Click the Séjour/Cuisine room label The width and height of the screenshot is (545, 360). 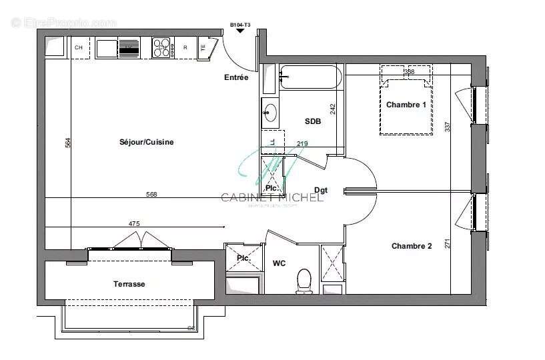point(146,142)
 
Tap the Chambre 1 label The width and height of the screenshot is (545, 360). point(406,105)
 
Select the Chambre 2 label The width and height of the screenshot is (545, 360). point(412,246)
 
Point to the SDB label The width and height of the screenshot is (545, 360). point(313,121)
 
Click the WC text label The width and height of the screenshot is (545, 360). point(279,263)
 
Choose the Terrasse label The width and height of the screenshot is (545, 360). point(129,284)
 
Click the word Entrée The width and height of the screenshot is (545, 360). point(236,77)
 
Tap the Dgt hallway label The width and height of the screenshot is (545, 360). point(321,190)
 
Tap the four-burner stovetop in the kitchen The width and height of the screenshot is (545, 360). point(162,47)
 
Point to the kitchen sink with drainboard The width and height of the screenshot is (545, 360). point(119,47)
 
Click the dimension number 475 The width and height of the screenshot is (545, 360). point(133,224)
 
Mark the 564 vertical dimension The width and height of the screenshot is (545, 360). point(67,143)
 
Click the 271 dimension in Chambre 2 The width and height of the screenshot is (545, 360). point(448,244)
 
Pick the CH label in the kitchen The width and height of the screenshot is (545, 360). point(79,47)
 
